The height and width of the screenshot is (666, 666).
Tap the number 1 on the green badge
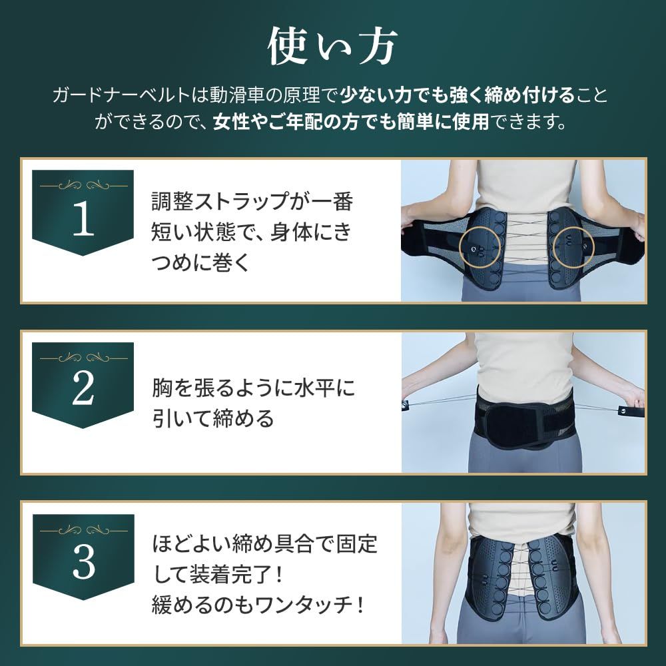(83, 222)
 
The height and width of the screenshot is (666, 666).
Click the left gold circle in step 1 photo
(479, 248)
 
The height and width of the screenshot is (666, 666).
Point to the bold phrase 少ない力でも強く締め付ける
(458, 95)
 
